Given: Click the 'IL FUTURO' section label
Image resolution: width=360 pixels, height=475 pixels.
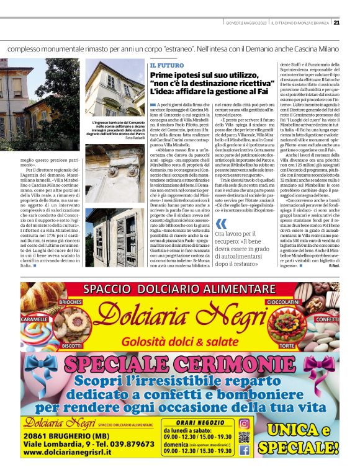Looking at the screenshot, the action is click(163, 64).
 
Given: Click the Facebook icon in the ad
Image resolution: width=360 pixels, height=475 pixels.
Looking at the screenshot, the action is click(244, 451).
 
